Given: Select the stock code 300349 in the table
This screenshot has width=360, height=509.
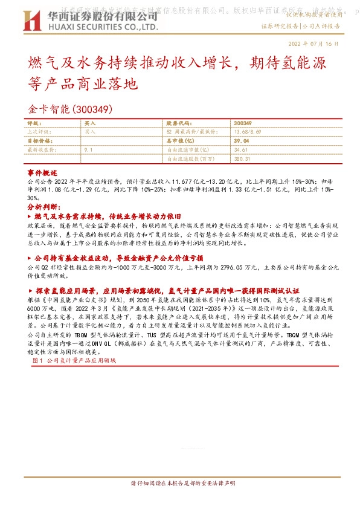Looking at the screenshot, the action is click(x=242, y=122).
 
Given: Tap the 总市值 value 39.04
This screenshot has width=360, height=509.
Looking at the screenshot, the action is click(x=241, y=140).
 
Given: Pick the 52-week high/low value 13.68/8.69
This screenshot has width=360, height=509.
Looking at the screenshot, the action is click(x=247, y=131).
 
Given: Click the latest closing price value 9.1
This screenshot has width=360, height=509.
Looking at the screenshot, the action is click(x=88, y=149).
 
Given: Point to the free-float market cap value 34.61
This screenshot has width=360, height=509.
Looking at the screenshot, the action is click(x=240, y=149).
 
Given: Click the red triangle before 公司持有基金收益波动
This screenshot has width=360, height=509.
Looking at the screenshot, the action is click(x=31, y=257).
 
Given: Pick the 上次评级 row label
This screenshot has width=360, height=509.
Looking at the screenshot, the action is click(x=39, y=131).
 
